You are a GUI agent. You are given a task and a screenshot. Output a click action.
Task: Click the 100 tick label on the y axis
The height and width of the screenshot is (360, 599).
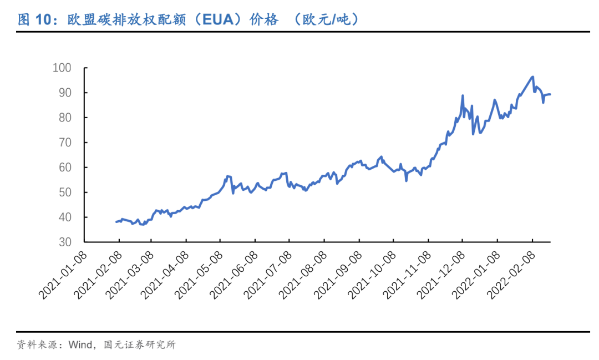pyautogui.click(x=62, y=68)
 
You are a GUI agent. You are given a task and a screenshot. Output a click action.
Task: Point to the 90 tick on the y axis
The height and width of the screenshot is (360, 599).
pyautogui.click(x=65, y=93)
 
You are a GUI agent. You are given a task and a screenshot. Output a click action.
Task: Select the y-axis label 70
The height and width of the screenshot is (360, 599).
pyautogui.click(x=65, y=143)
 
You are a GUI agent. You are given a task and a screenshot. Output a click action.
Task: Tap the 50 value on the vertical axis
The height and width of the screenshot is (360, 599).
pyautogui.click(x=65, y=192)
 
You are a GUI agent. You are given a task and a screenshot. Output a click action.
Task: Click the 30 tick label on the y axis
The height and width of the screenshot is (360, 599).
pyautogui.click(x=65, y=242)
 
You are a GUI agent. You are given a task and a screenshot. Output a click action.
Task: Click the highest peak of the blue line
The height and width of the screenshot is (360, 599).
pyautogui.click(x=532, y=77)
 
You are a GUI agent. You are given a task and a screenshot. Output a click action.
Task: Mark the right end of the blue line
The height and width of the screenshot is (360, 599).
pyautogui.click(x=550, y=94)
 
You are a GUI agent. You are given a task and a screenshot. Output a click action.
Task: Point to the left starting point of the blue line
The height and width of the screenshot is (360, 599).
pyautogui.click(x=116, y=222)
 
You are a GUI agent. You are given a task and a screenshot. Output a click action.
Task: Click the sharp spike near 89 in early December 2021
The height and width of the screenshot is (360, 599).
pyautogui.click(x=463, y=95)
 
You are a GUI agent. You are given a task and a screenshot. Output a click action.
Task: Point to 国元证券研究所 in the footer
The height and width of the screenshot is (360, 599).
pyautogui.click(x=140, y=345)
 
